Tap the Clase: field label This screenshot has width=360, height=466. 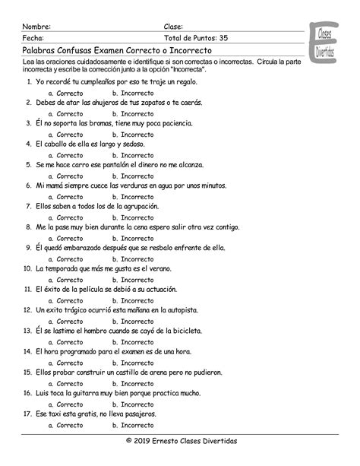[173, 25]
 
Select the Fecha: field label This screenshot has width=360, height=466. [33, 37]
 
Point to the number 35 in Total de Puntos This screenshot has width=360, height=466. [224, 37]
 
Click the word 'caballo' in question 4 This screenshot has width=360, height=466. [58, 143]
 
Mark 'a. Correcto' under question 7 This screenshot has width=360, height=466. [65, 217]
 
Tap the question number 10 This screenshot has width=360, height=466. [26, 268]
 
